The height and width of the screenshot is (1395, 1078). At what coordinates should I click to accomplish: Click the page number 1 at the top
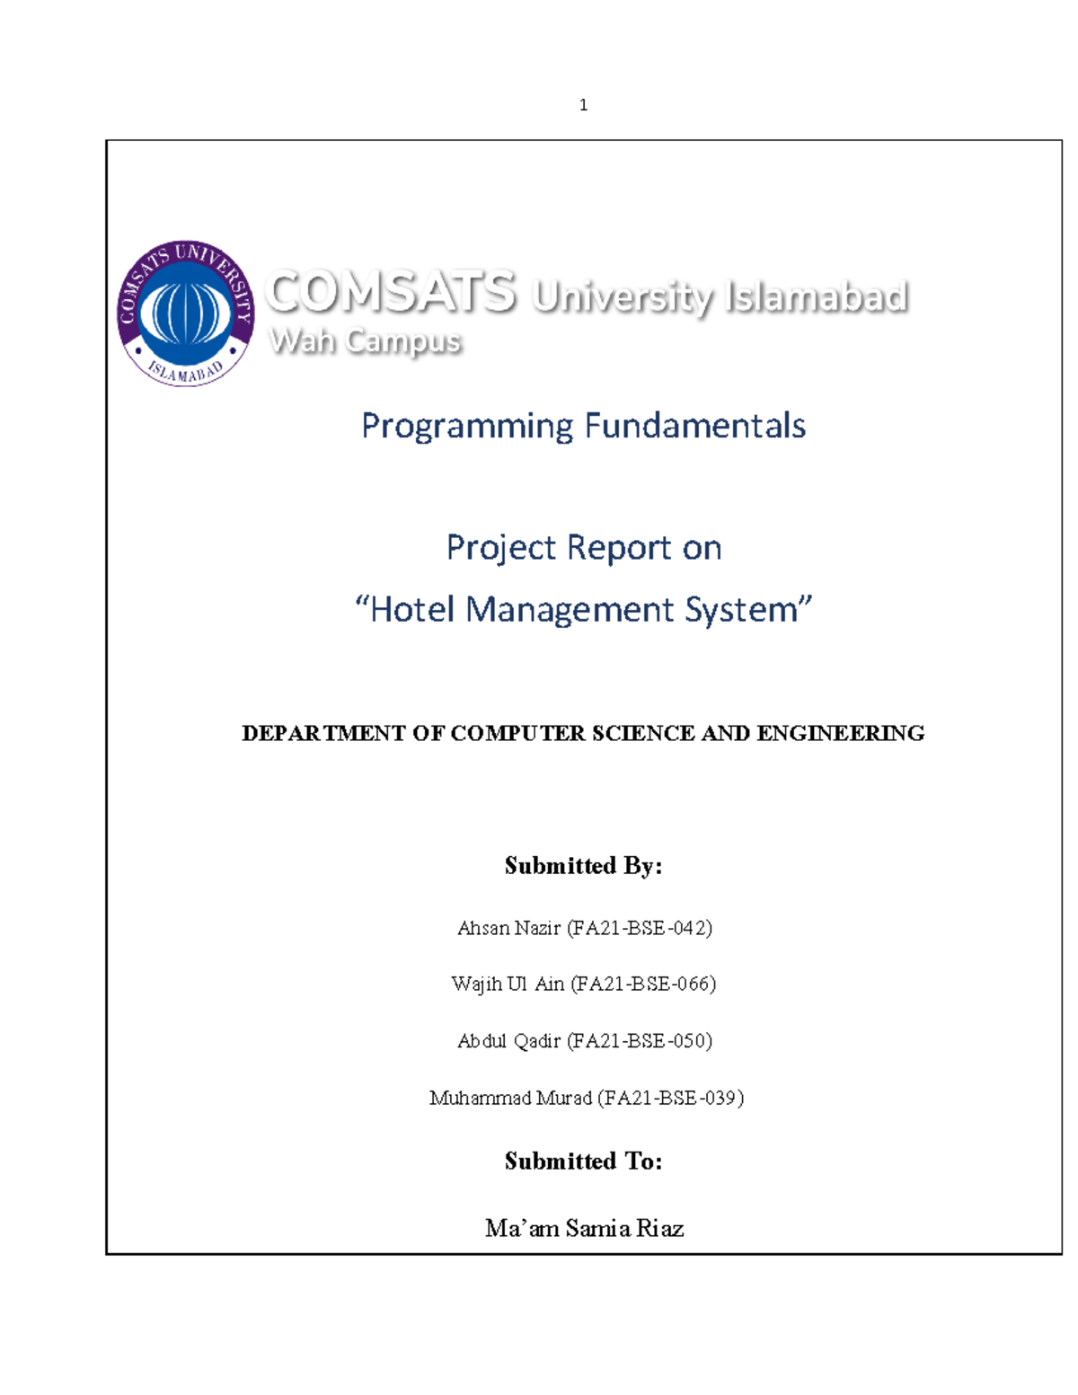tap(584, 105)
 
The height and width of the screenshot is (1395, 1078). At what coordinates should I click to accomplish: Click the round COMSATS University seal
tap(186, 313)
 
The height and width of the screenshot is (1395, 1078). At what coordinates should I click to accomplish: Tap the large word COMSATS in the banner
tap(392, 293)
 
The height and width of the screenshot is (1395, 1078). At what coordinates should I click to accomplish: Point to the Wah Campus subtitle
tap(366, 341)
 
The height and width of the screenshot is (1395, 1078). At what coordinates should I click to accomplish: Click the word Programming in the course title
tap(466, 426)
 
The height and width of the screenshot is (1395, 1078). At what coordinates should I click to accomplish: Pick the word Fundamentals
tap(695, 426)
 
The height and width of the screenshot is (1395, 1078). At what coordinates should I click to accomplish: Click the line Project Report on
tap(584, 548)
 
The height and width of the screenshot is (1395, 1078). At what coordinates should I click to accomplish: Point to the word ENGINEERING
tap(840, 734)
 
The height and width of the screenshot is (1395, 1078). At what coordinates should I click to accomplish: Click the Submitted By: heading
tap(584, 866)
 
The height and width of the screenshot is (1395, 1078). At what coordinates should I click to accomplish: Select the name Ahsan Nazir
tap(508, 928)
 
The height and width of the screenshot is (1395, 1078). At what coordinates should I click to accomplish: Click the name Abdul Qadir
tap(508, 1041)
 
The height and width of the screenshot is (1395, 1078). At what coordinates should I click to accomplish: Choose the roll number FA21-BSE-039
tap(670, 1098)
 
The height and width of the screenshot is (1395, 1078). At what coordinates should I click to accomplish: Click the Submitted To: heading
tap(584, 1161)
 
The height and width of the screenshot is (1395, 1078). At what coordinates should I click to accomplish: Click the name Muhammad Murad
tap(510, 1098)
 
